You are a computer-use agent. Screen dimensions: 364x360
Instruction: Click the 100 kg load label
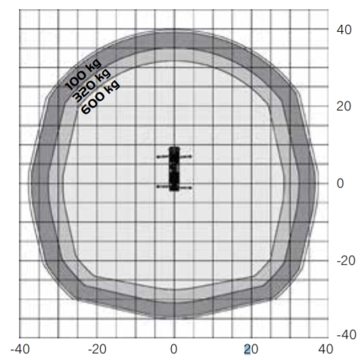click(x=83, y=74)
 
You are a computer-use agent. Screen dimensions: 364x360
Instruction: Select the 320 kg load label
click(x=92, y=85)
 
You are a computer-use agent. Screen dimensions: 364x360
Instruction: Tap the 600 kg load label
click(x=100, y=97)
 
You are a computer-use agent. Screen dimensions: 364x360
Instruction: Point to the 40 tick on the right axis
click(x=344, y=29)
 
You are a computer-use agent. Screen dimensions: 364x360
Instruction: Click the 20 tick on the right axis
click(x=344, y=107)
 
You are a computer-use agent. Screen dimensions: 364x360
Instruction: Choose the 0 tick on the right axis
click(x=340, y=183)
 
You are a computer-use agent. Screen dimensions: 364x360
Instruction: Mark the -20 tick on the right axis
click(x=346, y=260)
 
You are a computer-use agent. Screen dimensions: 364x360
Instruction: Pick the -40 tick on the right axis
click(x=346, y=334)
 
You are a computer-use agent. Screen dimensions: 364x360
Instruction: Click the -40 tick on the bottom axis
click(x=20, y=349)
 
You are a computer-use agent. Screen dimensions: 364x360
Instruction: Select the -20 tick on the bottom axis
click(x=97, y=349)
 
